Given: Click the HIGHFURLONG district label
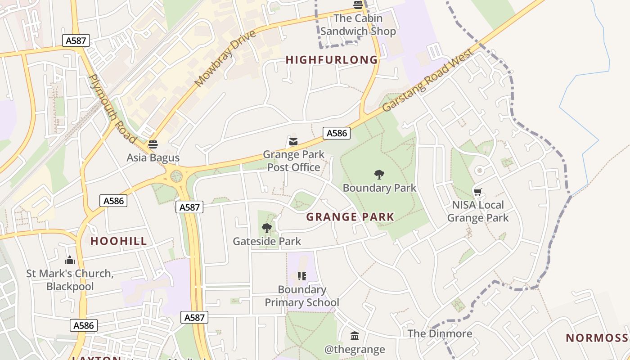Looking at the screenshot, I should (x=332, y=60).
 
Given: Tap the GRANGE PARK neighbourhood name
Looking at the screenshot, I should (x=350, y=217).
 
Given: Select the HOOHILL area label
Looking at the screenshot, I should (x=119, y=241).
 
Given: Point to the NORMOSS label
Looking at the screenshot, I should (x=597, y=338).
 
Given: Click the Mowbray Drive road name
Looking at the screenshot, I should (x=225, y=58).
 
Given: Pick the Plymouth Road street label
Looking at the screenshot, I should (x=112, y=108).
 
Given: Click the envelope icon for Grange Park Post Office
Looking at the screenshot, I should (x=293, y=142).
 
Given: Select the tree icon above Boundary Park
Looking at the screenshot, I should (x=379, y=175).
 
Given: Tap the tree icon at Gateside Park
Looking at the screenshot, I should (x=267, y=228).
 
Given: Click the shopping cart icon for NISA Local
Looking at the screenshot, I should (x=478, y=192).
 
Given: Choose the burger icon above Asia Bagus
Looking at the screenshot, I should (x=153, y=144).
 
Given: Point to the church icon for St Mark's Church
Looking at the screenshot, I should (x=70, y=260).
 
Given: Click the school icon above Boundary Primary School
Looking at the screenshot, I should (x=301, y=276).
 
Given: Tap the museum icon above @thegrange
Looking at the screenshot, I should (x=355, y=336).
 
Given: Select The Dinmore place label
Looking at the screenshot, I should (x=440, y=333).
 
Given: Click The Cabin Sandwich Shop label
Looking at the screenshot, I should (x=358, y=25).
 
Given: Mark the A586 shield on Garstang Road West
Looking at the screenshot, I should (x=337, y=133).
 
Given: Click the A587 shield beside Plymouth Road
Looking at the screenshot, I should (x=76, y=41).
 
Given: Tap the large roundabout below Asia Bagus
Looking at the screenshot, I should (x=176, y=176).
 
